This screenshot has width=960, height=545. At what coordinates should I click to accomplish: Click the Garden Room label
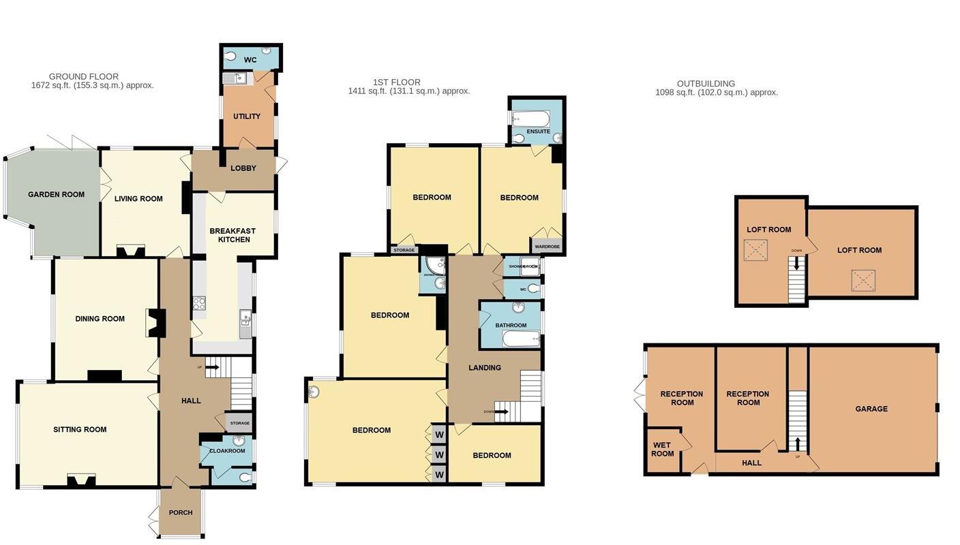coord(57,195)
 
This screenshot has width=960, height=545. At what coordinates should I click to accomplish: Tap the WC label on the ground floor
coord(250,60)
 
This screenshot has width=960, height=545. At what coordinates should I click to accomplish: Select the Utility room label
coord(247,116)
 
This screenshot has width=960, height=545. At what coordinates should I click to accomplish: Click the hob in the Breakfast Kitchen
coord(199,303)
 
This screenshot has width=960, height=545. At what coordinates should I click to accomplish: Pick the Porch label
coord(181,513)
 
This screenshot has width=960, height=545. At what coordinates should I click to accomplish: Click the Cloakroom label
coord(227,451)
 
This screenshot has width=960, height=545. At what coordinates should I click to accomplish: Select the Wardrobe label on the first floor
coord(547,247)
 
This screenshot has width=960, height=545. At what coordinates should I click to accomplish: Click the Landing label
coord(485,368)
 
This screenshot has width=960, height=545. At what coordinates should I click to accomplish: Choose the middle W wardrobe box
coord(439,454)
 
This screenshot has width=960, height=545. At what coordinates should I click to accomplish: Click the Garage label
coord(871,409)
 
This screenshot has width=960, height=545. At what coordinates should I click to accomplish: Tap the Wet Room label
coord(662,450)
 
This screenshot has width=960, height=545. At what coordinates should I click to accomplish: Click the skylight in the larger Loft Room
coord(863,280)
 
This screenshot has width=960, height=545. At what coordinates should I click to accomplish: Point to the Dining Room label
coord(100,319)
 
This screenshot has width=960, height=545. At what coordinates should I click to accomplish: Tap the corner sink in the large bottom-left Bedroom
coord(314,392)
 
